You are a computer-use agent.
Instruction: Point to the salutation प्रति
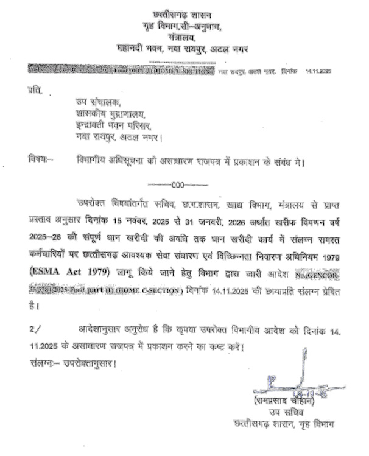click(x=36, y=91)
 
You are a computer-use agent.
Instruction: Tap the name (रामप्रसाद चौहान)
click(x=286, y=402)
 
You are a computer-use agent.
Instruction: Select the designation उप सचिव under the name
click(x=286, y=413)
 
